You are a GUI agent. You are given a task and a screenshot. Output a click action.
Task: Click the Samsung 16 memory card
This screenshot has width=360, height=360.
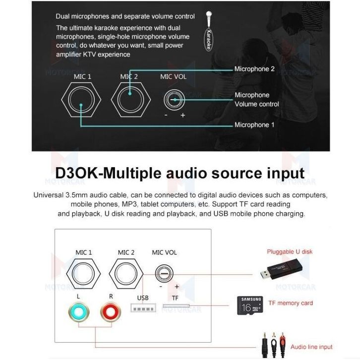point(251,303)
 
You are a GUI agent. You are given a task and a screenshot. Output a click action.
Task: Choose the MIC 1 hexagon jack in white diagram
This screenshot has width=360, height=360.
point(84,274)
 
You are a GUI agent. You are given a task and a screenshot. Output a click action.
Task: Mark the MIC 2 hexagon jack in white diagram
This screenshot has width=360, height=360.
point(126,274)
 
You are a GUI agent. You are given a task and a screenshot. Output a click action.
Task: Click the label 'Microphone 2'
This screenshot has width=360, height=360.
point(254,69)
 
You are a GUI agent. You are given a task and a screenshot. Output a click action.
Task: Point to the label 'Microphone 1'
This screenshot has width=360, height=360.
point(254,125)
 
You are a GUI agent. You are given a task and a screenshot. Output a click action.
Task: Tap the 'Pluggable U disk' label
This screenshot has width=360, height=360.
point(290,251)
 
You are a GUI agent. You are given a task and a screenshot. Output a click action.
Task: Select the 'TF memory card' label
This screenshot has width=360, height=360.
point(290,303)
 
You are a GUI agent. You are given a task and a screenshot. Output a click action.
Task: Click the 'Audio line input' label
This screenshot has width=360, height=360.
point(311,347)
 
